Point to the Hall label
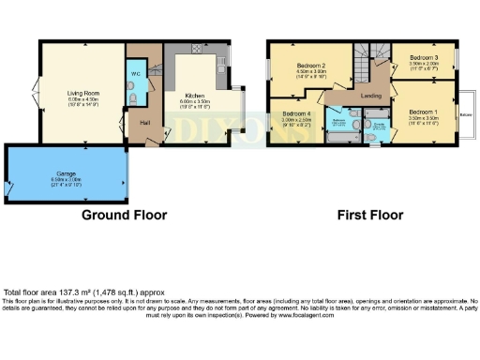[x=145, y=123]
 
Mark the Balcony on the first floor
[x=466, y=114]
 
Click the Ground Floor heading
[x=125, y=215]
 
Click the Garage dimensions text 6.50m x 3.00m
[x=65, y=180]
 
